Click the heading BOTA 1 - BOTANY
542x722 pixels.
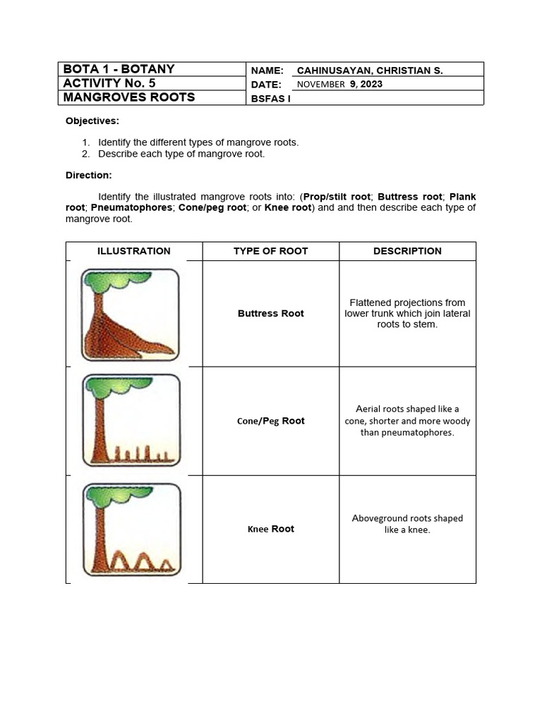(x=119, y=69)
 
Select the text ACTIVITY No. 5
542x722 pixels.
(x=109, y=83)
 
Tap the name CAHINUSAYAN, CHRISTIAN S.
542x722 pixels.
(x=370, y=71)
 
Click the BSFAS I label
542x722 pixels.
(x=271, y=99)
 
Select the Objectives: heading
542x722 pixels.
(x=92, y=121)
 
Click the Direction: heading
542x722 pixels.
(x=89, y=175)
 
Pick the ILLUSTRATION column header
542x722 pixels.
(x=134, y=251)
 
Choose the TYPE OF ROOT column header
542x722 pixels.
(x=271, y=251)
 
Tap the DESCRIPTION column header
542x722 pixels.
(x=407, y=251)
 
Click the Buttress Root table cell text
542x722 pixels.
(x=271, y=314)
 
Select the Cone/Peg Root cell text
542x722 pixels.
(x=271, y=421)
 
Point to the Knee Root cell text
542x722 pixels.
(x=271, y=529)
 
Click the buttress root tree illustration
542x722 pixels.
(x=130, y=314)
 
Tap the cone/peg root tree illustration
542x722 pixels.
(x=131, y=421)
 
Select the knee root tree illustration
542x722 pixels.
(x=131, y=529)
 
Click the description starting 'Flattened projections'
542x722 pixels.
(x=407, y=314)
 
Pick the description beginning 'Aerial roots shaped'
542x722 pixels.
(x=407, y=421)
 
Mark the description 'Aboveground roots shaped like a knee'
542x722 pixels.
(x=407, y=524)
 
